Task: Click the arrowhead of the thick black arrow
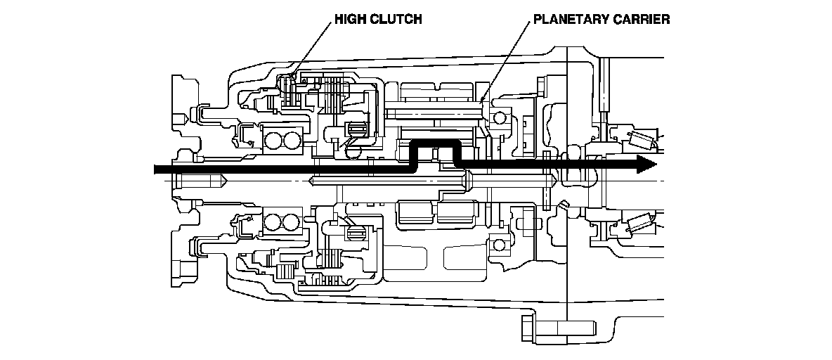click(x=646, y=164)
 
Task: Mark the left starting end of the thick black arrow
click(x=155, y=169)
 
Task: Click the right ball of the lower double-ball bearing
click(x=290, y=223)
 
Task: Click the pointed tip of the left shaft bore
click(x=226, y=181)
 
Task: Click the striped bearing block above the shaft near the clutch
click(x=356, y=129)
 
